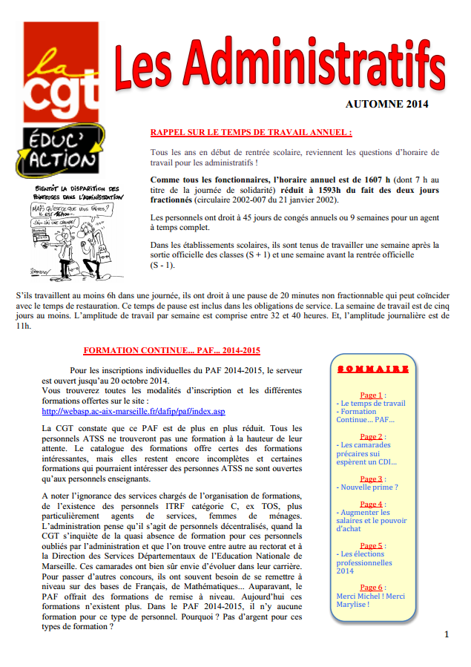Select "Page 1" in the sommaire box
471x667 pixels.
pos(370,395)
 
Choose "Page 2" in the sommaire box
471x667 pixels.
pos(370,437)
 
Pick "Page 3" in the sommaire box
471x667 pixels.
pos(370,479)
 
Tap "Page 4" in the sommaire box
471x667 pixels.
pos(370,505)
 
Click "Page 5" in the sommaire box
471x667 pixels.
pos(370,545)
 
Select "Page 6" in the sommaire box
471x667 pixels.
pos(370,587)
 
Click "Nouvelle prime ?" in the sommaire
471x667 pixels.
pos(369,487)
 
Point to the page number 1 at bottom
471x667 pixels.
pos(447,634)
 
